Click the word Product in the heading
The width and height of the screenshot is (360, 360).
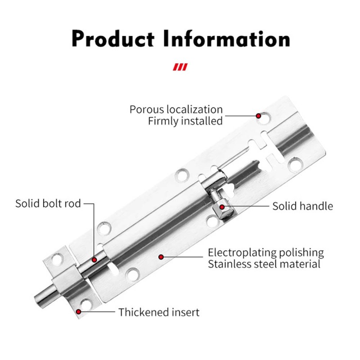pos(113,39)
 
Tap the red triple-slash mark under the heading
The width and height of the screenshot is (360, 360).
pos(180,67)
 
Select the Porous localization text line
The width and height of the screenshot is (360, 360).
pos(176,109)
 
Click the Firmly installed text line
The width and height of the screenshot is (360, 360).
pos(185,121)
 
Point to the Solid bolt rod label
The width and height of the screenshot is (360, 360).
pos(48,204)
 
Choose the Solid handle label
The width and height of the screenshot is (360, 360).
pos(302,206)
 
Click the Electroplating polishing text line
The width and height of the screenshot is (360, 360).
pos(266,253)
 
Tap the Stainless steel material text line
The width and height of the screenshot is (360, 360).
pos(264,264)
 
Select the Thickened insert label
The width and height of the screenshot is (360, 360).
pos(159,312)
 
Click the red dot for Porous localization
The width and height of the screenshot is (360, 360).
pos(258,116)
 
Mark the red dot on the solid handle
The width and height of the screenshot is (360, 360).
pos(222,207)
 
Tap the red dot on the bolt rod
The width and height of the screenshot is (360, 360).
pos(94,260)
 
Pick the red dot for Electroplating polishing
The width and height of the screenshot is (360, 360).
pos(161,257)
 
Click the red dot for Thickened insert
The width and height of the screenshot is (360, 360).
pos(78,312)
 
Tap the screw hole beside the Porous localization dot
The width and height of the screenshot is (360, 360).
pos(265,118)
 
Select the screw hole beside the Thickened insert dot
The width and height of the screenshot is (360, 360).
pos(86,304)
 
